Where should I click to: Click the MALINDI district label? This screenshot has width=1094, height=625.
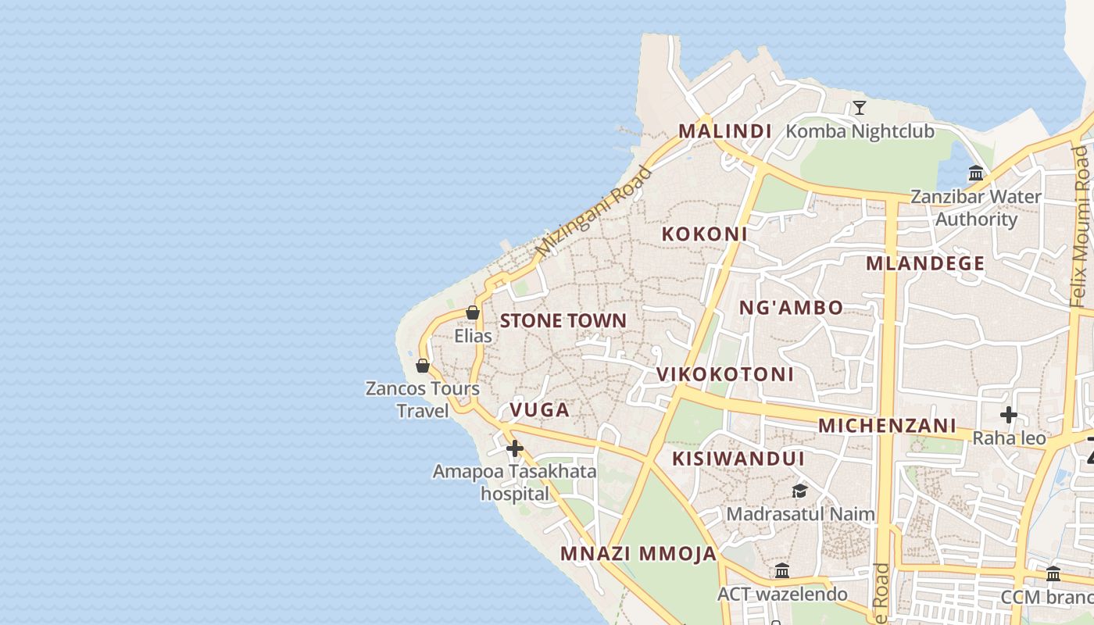point(724,131)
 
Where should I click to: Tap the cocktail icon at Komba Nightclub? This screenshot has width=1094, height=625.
point(860,107)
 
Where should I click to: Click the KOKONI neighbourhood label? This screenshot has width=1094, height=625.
point(704,234)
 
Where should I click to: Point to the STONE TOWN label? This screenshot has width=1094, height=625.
point(563,320)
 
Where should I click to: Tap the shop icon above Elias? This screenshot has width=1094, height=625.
point(473,312)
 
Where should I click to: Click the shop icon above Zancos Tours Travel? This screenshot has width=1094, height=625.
point(423,365)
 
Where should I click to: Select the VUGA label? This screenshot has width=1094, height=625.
point(539,409)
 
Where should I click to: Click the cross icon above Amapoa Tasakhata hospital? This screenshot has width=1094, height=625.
point(514,448)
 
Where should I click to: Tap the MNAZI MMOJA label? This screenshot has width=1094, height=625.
point(638,554)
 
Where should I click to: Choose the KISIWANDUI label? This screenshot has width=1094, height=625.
point(738,458)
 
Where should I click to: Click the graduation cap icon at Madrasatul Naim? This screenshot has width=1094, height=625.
point(799,491)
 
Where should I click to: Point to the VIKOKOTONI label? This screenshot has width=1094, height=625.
point(724,374)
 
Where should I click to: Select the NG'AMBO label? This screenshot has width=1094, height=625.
point(791,308)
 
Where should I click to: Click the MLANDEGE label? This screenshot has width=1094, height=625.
point(924,263)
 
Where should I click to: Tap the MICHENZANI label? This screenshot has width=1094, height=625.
point(887,426)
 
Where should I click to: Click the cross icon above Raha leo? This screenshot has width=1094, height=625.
point(1009,414)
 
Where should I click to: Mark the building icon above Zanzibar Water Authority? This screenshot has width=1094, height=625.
point(976,173)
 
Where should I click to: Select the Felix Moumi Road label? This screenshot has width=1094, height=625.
point(1080,227)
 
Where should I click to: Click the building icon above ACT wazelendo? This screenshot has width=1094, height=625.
point(781,570)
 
